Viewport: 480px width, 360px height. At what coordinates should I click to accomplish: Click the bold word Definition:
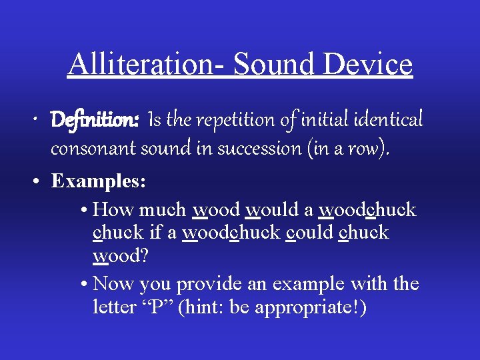pyautogui.click(x=95, y=121)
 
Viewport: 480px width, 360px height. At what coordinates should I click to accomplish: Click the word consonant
pyautogui.click(x=93, y=148)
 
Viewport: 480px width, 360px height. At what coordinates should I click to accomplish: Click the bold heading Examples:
pyautogui.click(x=98, y=181)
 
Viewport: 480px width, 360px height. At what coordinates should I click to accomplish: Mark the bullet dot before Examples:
pyautogui.click(x=41, y=181)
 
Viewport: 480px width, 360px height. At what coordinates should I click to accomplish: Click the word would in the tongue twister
pyautogui.click(x=272, y=209)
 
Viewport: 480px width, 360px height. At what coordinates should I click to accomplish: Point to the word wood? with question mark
pyautogui.click(x=117, y=257)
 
